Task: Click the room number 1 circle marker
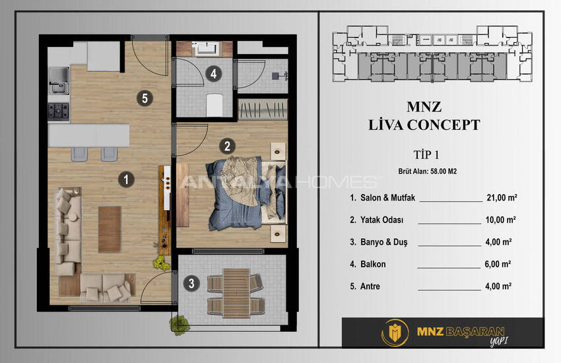coord(126,180)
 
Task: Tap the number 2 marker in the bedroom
coord(227,146)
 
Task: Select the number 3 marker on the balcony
coord(191,283)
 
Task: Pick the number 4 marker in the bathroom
coord(214,74)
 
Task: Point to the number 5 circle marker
coord(145,98)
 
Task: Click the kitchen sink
coord(59,81)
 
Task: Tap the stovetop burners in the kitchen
coord(58,112)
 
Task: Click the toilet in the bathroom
coord(214,105)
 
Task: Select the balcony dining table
coord(236,293)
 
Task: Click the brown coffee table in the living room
coord(110,230)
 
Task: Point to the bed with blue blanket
coord(247,193)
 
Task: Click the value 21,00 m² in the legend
coord(502,197)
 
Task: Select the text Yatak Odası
coord(381,220)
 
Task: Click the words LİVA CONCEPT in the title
coord(424,125)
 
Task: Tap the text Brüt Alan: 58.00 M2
coord(427,172)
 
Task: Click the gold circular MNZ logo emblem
coord(395,333)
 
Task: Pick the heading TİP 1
coord(426,155)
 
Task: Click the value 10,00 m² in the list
coord(500,220)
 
